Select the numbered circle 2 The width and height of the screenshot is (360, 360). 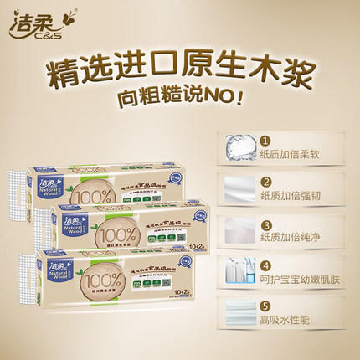[265, 183]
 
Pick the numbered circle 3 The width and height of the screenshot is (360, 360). [265, 225]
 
